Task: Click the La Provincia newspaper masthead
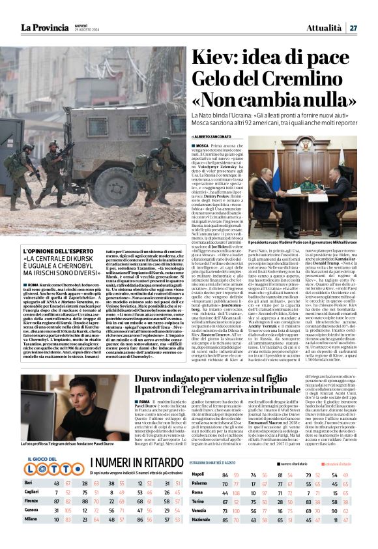click(44, 27)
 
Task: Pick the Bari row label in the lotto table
click(29, 483)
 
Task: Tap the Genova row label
click(32, 511)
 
